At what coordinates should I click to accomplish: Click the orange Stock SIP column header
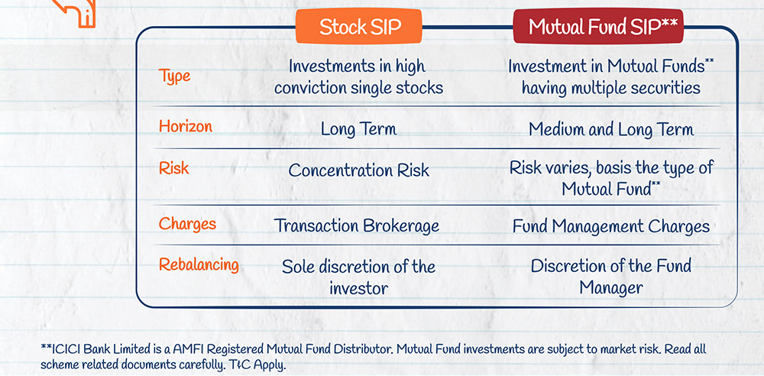pos(359,27)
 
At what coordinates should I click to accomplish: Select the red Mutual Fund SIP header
pos(598,27)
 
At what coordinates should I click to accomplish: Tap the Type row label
pos(174,76)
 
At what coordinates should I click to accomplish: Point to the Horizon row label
pos(186,126)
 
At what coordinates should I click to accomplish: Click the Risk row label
pos(174,168)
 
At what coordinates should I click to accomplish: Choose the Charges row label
pos(188,224)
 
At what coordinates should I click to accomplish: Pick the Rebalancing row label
pos(199,265)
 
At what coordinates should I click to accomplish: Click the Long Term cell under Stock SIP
pos(358,129)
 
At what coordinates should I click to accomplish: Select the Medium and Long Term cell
pos(611,130)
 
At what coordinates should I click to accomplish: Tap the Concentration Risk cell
pos(359,170)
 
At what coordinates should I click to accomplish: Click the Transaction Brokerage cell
pos(357,225)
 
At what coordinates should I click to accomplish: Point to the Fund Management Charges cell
pos(611,226)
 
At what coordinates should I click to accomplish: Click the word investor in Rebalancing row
pos(359,288)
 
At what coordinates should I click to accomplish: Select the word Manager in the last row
pos(611,287)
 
